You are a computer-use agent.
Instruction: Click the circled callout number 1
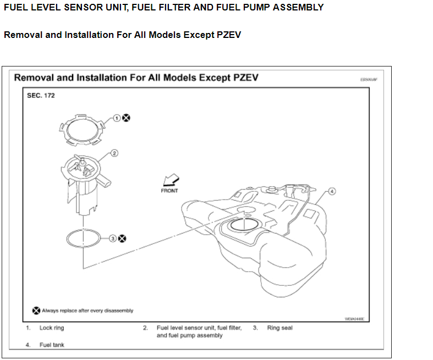coord(117,118)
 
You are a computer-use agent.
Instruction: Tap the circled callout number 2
coord(114,153)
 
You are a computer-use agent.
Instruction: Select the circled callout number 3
coord(113,239)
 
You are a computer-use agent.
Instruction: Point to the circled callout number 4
coord(332,191)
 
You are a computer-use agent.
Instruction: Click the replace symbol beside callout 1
coord(126,118)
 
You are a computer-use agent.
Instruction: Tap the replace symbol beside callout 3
coord(122,239)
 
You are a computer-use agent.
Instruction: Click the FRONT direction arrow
coord(171,180)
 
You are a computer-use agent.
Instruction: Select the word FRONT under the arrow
coord(169,191)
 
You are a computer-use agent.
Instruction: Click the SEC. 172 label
coord(41,95)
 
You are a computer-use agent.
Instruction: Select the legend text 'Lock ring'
coord(52,328)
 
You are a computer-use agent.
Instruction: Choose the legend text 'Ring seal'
coord(280,328)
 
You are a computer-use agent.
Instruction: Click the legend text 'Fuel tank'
coord(52,345)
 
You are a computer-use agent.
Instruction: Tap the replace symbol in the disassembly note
coord(36,311)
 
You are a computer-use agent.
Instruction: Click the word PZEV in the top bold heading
coord(226,35)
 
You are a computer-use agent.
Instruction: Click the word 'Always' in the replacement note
coord(51,311)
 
